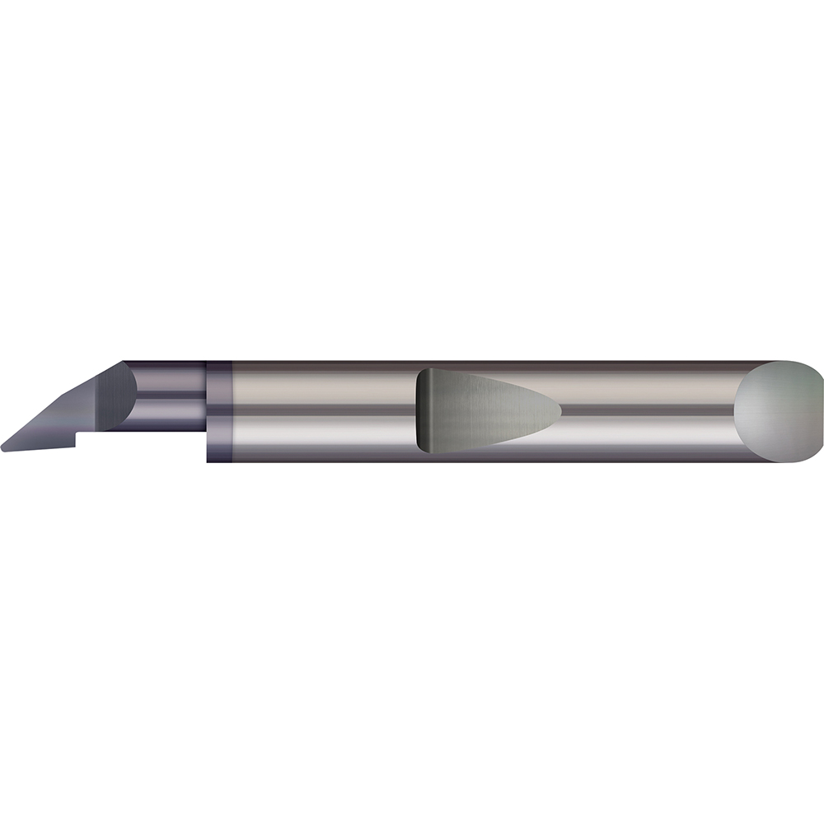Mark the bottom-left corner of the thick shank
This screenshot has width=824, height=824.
coord(208,460)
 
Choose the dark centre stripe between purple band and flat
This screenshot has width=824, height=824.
coord(321,410)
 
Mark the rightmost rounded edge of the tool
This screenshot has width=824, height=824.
coord(822,410)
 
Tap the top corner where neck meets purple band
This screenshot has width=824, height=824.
coord(206,363)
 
